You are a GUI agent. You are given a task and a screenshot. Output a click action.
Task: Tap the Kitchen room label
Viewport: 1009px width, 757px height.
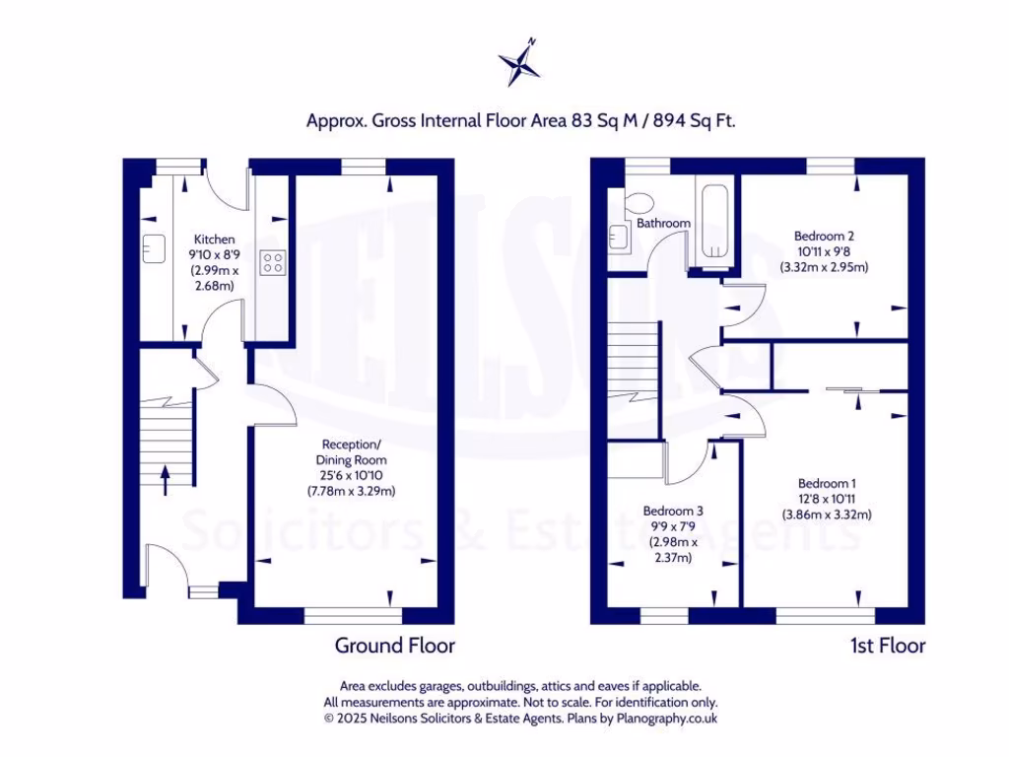tap(214, 240)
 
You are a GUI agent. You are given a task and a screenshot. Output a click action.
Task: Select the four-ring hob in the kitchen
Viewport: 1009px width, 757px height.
tap(272, 262)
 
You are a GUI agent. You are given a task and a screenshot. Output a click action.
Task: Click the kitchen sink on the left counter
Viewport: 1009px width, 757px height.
tap(152, 245)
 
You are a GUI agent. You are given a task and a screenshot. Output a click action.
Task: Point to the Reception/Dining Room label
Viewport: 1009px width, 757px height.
tap(351, 452)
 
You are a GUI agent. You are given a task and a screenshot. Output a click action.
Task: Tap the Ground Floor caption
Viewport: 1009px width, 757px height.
tap(394, 646)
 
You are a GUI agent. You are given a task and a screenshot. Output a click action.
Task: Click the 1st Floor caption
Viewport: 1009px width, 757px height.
tap(888, 646)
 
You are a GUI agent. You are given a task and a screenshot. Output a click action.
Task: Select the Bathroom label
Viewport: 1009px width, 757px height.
tap(663, 224)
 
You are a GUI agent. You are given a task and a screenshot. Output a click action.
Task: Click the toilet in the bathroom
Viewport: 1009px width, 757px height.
tap(639, 201)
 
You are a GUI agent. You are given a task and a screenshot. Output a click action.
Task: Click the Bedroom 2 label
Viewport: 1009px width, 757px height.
tap(824, 236)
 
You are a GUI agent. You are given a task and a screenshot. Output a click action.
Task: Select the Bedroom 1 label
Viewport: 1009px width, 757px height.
tap(827, 483)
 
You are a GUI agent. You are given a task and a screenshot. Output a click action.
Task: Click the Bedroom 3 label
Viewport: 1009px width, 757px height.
tap(673, 511)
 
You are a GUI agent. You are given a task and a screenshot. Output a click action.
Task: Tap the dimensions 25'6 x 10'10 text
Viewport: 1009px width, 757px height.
tap(351, 475)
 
